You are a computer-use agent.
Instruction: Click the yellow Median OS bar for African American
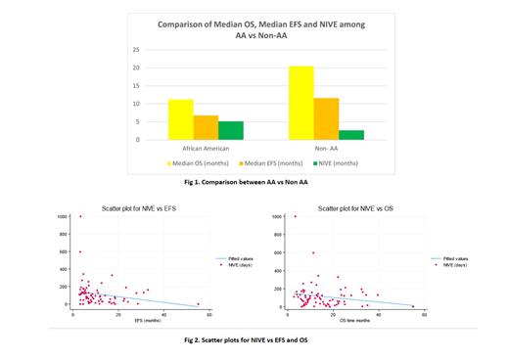point(181,119)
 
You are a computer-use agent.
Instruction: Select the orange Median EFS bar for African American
point(207,127)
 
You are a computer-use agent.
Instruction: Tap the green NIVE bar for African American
point(231,130)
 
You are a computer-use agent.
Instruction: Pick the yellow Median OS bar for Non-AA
point(301,103)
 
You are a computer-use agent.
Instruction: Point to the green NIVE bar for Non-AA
point(351,135)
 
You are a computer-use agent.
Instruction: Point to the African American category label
point(206,150)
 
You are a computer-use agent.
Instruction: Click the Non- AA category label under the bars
point(326,150)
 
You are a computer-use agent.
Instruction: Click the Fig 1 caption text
point(254,182)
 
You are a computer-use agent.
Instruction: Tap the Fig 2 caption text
point(254,338)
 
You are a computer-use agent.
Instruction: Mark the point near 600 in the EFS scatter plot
point(80,251)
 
